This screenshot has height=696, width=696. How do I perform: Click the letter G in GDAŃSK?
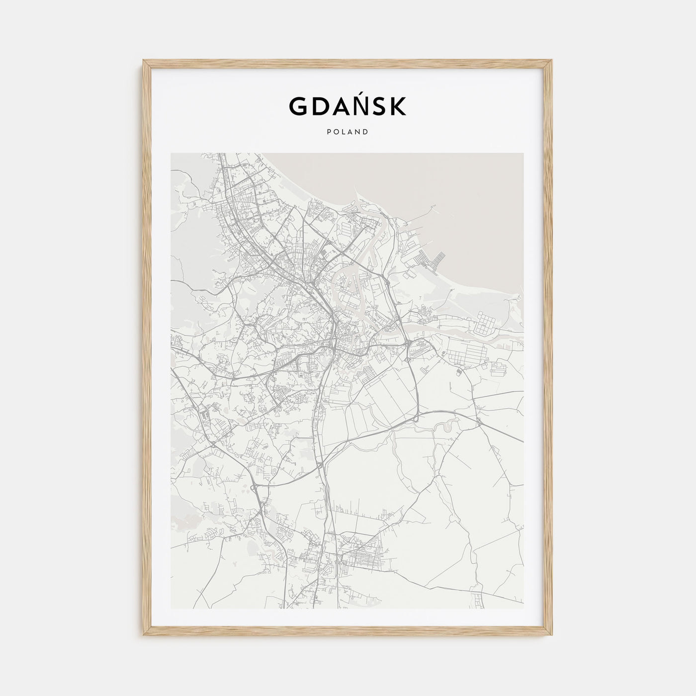click(x=298, y=106)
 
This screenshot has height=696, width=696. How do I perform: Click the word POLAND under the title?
click(x=348, y=132)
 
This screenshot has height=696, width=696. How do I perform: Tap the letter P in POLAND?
click(x=329, y=132)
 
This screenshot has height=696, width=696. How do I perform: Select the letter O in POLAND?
click(x=336, y=132)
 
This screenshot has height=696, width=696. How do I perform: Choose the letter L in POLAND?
click(x=344, y=132)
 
